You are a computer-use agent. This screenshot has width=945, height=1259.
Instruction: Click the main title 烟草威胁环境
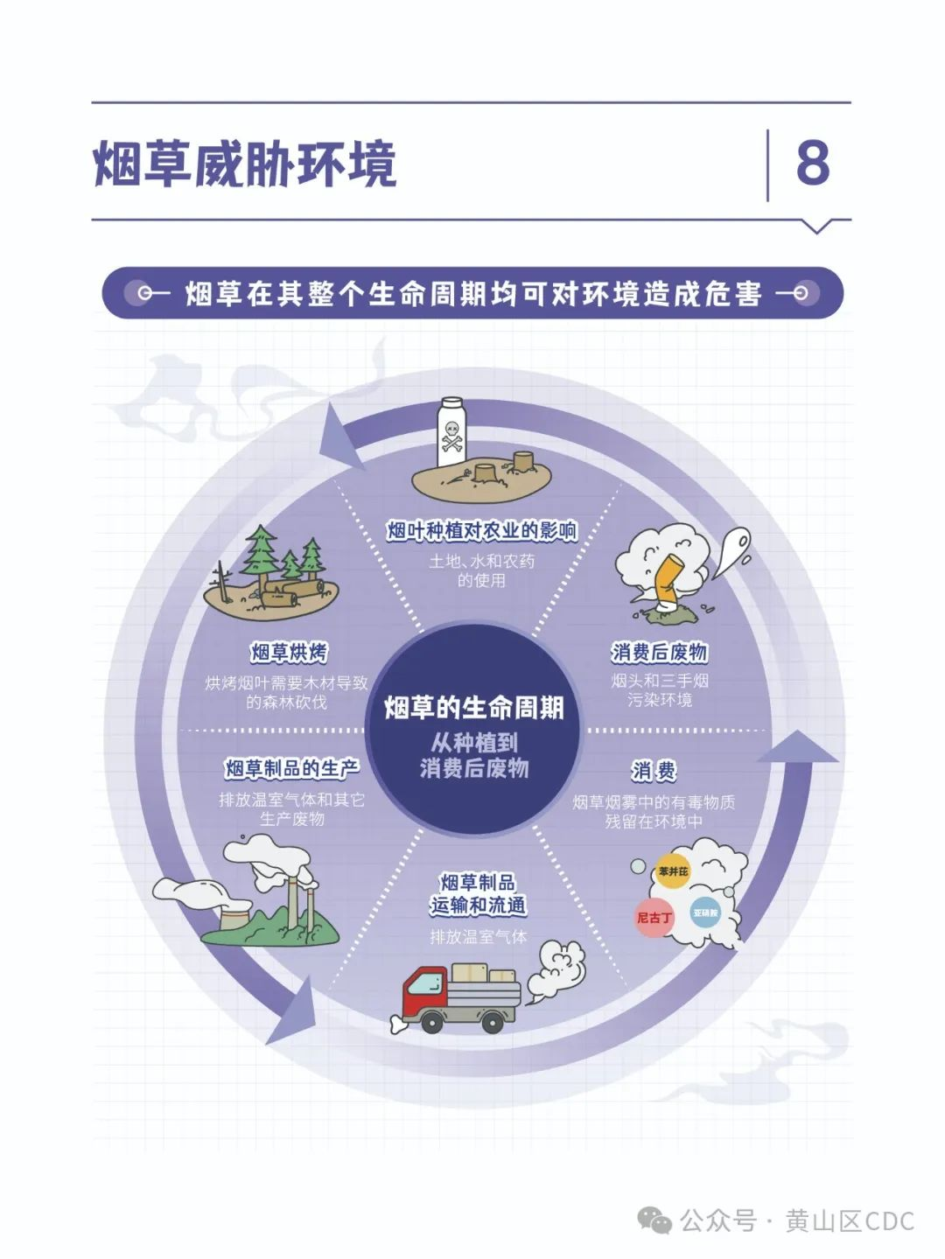[x=245, y=164]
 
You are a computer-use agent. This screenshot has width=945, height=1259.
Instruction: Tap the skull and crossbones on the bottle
[x=451, y=437]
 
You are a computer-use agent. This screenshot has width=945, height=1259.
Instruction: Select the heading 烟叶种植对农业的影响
[x=481, y=530]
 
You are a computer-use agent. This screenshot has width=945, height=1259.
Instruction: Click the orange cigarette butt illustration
[x=668, y=580]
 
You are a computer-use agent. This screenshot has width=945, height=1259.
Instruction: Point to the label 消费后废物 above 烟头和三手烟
[x=658, y=652]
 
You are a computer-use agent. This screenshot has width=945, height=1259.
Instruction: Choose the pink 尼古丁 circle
[x=654, y=918]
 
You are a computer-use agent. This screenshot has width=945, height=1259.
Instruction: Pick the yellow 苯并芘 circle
[x=673, y=871]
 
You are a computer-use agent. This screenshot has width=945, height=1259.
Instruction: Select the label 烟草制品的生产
[x=292, y=768]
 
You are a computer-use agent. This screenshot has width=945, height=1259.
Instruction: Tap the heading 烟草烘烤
[x=289, y=652]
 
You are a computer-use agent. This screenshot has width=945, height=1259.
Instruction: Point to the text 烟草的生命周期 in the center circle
[x=473, y=708]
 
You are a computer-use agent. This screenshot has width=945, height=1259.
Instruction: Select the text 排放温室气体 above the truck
[x=479, y=937]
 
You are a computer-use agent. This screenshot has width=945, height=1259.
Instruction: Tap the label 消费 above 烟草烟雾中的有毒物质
[x=654, y=772]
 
